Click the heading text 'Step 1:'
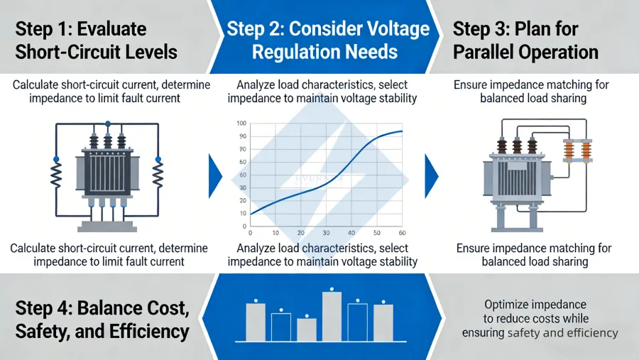45,29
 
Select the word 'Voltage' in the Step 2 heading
392,29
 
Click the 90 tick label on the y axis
242,136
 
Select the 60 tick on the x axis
402,233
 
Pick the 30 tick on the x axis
326,233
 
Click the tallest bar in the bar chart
332,317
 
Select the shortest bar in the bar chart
306,329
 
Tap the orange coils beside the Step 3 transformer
577,151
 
